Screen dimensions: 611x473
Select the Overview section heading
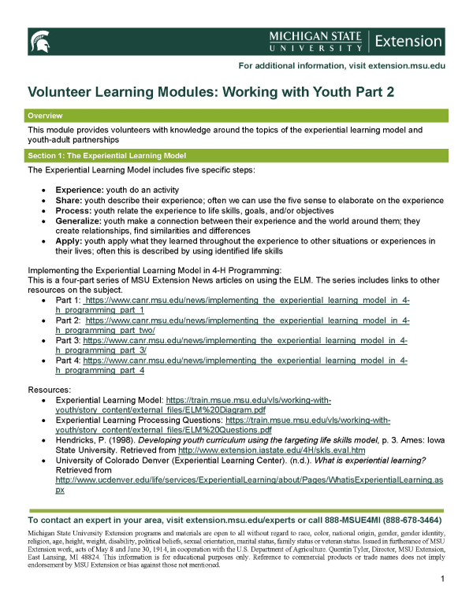coord(45,116)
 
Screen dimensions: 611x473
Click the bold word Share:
coord(69,201)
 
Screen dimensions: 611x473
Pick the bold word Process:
coord(73,211)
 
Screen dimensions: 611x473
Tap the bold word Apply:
coord(69,240)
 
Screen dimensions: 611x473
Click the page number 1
coord(444,580)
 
